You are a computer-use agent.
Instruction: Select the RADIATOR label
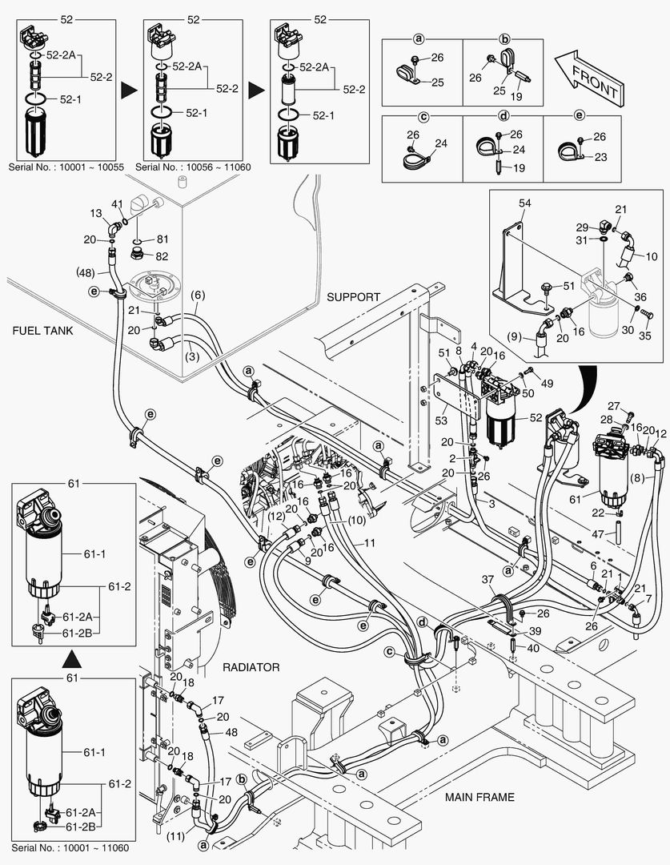point(251,667)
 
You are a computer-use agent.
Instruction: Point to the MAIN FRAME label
point(480,796)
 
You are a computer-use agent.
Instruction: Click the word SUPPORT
point(353,296)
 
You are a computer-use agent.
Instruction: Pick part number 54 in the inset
point(524,205)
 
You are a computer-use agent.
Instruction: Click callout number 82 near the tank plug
point(162,256)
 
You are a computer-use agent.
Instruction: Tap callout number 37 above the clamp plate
point(487,580)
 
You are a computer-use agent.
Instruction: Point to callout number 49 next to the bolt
point(548,384)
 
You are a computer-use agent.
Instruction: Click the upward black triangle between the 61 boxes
point(71,659)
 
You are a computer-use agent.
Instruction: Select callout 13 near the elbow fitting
point(97,213)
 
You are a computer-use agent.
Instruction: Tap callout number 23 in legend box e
point(600,158)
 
